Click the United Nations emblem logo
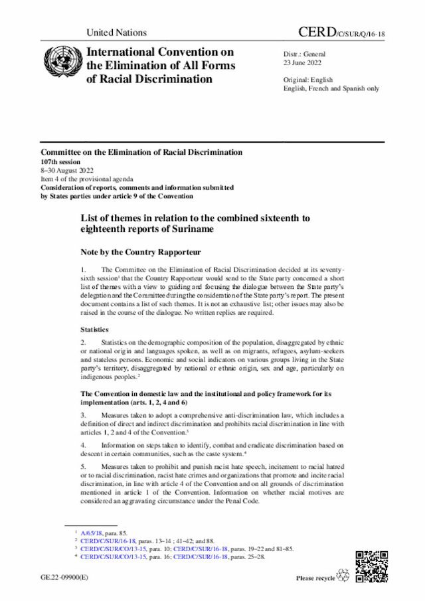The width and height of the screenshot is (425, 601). [60, 64]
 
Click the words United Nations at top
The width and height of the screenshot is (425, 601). [116, 33]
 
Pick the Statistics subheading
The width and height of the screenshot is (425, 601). [96, 329]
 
